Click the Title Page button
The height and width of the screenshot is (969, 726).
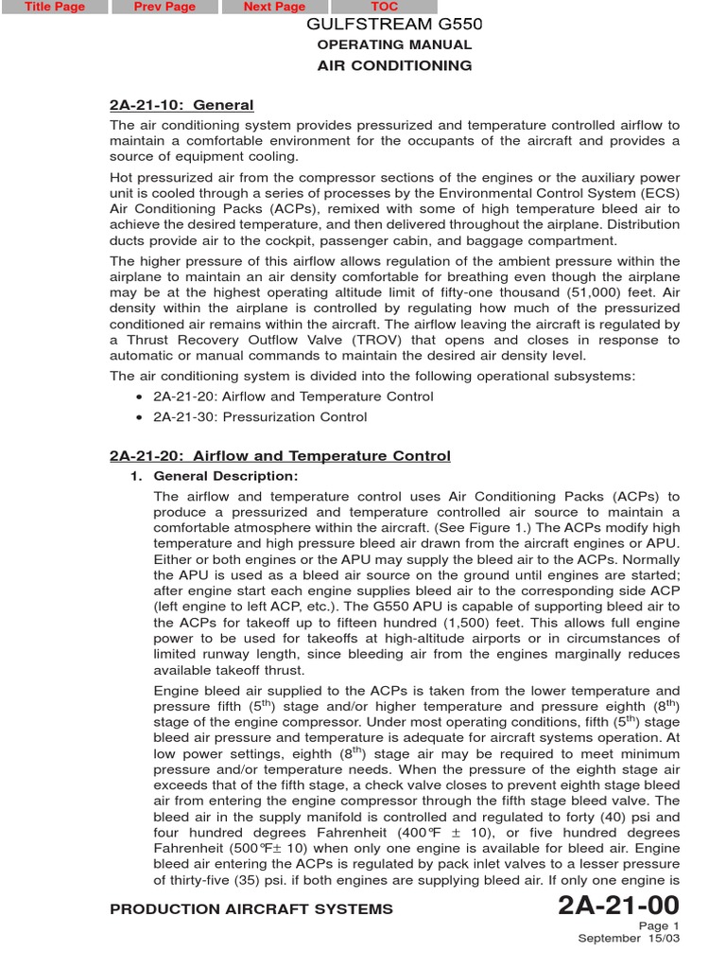(x=54, y=8)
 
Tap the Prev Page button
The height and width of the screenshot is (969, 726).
(x=164, y=8)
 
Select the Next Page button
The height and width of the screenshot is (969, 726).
(x=274, y=8)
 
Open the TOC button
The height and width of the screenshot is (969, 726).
(x=385, y=8)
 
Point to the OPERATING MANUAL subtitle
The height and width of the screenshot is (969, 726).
(x=394, y=44)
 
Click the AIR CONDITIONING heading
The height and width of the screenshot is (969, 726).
(x=394, y=65)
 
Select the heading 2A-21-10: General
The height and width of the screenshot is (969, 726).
(x=181, y=105)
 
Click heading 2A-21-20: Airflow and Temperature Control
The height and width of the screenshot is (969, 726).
(x=280, y=456)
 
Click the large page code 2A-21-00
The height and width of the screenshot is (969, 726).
(x=618, y=906)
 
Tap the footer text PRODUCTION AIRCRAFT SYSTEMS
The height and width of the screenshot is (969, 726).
(x=251, y=909)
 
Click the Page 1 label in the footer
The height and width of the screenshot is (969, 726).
(x=659, y=926)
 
